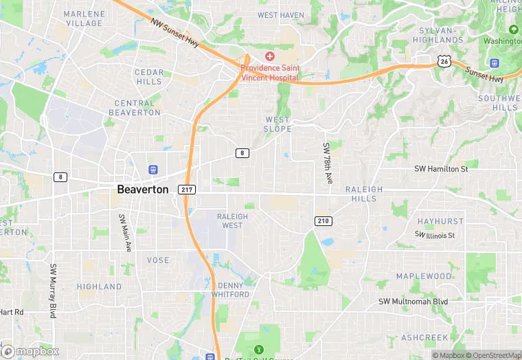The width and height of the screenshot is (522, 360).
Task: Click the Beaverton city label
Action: point(142,189)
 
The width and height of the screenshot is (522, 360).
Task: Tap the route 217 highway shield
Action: point(186,190)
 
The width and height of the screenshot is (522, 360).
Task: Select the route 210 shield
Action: point(324,221)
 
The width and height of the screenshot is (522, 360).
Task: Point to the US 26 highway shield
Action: point(444,61)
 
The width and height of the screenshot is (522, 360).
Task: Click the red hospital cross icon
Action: point(270,56)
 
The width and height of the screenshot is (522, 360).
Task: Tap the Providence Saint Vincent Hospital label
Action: point(270,73)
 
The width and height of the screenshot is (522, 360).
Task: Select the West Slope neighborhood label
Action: point(278,124)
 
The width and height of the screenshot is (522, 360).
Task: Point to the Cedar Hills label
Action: point(149,77)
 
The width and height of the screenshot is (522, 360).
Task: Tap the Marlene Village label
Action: point(84,19)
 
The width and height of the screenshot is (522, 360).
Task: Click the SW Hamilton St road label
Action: point(440,168)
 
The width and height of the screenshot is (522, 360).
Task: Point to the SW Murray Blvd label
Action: point(53,290)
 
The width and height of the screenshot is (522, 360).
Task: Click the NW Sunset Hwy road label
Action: point(175,32)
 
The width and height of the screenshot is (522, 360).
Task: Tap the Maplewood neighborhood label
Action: point(424,276)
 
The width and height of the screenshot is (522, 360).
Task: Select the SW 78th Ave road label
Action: point(328,164)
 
